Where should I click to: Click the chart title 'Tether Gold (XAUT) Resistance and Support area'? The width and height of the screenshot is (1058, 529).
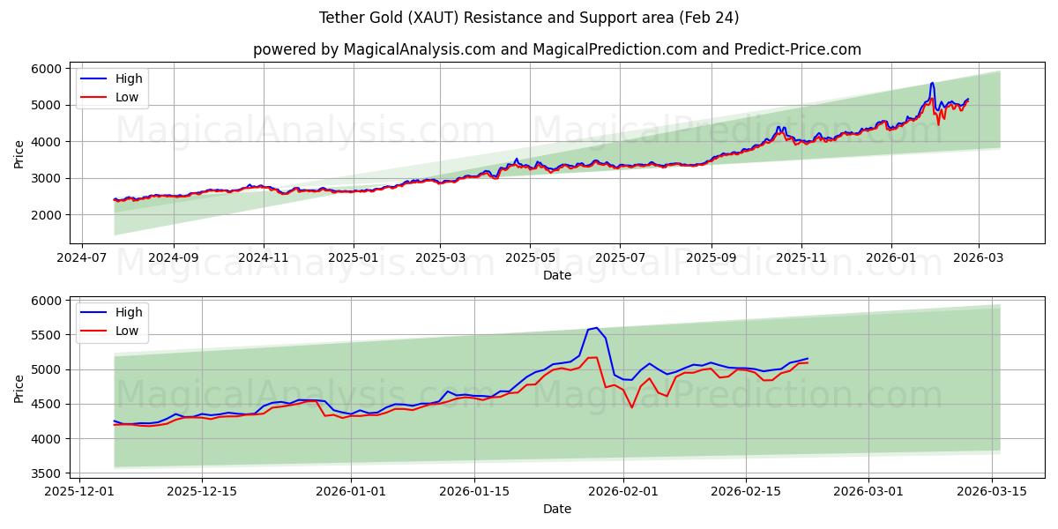pyautogui.click(x=529, y=18)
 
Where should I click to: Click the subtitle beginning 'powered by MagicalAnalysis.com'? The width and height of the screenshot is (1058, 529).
pyautogui.click(x=556, y=49)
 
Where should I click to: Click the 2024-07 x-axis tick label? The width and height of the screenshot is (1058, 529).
pyautogui.click(x=82, y=257)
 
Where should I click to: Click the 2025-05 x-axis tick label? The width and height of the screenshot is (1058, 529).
pyautogui.click(x=530, y=257)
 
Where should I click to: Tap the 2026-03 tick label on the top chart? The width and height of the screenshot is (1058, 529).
pyautogui.click(x=980, y=257)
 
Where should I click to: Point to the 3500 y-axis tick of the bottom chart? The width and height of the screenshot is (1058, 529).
pyautogui.click(x=47, y=473)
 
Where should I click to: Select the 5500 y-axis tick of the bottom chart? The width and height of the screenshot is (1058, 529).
pyautogui.click(x=47, y=335)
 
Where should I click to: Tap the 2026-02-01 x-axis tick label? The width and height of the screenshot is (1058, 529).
pyautogui.click(x=623, y=490)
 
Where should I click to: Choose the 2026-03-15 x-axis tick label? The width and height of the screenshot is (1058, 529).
pyautogui.click(x=992, y=490)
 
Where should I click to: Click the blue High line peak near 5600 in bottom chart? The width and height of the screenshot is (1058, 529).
pyautogui.click(x=597, y=328)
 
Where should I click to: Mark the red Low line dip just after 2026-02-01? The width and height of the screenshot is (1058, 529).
pyautogui.click(x=631, y=407)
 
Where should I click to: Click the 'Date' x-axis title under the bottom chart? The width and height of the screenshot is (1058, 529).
pyautogui.click(x=556, y=509)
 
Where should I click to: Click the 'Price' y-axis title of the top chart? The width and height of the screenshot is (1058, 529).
pyautogui.click(x=19, y=153)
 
